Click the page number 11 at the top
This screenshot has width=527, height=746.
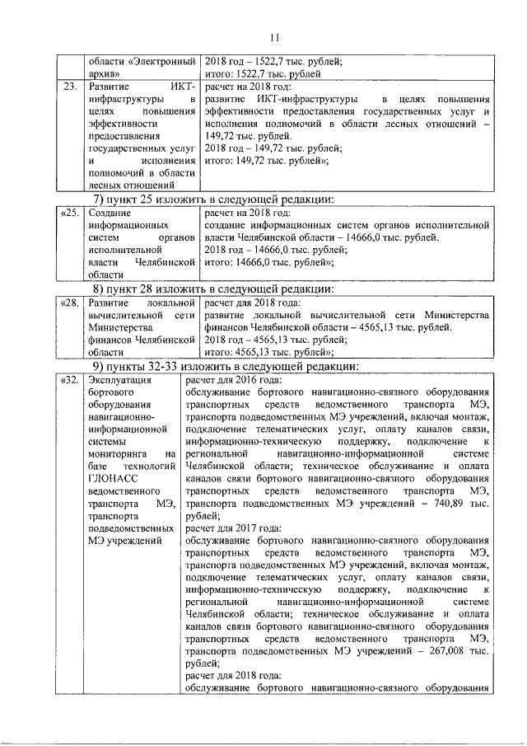(x=273, y=36)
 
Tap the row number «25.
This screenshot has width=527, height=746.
(x=70, y=213)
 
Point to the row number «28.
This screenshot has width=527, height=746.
(x=70, y=303)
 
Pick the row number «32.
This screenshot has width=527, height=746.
(x=70, y=380)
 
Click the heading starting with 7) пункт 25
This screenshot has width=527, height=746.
(x=212, y=199)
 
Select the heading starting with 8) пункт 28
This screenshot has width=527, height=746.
(x=212, y=289)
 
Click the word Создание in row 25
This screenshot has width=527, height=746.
(x=110, y=213)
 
